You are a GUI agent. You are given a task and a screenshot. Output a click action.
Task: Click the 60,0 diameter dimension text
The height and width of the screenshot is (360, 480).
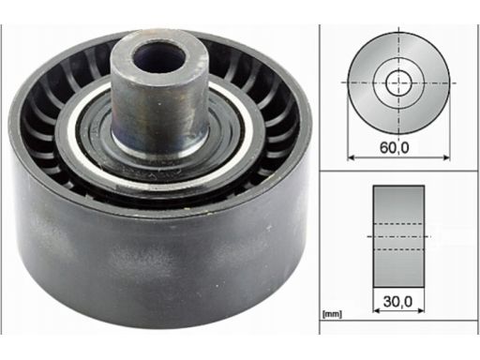coord(394,147)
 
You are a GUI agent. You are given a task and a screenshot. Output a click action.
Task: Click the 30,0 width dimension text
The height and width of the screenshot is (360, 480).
coord(397,302)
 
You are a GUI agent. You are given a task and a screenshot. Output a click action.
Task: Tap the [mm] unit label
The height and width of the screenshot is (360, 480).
coord(332,314)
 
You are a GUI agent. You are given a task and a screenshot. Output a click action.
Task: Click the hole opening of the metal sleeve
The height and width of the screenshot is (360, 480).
coord(159,57)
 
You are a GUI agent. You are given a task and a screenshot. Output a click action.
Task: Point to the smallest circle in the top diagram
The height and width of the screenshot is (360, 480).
coord(398,82)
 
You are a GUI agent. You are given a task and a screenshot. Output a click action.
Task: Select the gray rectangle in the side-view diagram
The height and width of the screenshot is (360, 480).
coord(398,236)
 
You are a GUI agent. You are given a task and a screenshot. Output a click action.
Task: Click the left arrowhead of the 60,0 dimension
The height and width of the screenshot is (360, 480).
coord(351,157)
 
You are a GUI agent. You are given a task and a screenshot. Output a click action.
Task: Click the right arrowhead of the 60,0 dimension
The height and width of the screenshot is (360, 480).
coord(446,157)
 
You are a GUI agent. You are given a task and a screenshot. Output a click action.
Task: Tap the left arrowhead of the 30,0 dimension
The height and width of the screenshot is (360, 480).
coord(376,310)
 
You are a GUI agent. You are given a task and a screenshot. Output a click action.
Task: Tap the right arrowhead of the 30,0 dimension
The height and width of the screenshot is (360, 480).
coord(421,310)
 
